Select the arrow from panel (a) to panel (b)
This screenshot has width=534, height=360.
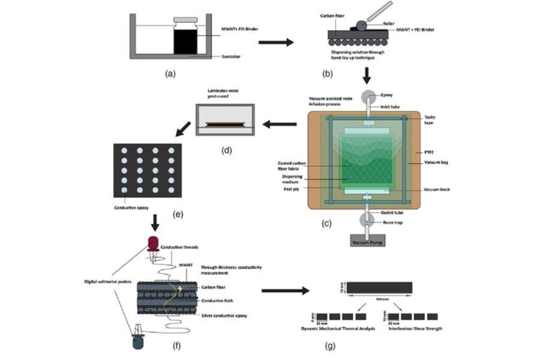click(x=275, y=42)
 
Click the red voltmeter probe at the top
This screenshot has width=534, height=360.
click(x=154, y=242)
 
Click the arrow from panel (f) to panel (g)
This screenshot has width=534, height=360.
click(x=286, y=292)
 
